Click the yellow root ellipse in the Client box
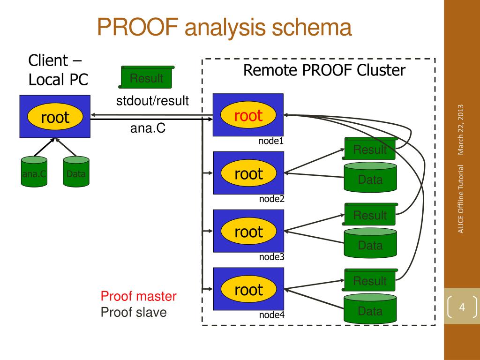55,117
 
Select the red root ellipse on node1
248,115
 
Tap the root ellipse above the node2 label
248,173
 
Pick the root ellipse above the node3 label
248,231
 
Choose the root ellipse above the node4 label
248,289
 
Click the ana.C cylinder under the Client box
34,172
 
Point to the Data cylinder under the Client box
76,172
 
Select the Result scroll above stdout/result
146,77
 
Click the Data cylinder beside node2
370,177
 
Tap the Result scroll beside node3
370,214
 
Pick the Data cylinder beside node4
370,308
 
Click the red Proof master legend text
138,296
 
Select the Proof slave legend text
134,312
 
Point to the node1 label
271,141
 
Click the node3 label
271,257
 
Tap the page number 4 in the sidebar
462,307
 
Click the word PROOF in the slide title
138,27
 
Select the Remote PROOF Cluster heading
324,70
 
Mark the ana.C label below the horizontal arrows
148,128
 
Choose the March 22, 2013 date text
460,130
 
